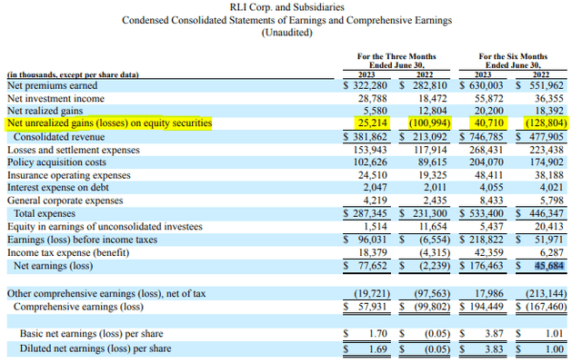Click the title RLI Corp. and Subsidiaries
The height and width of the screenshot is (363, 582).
(287, 7)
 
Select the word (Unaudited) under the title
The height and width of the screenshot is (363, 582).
(287, 33)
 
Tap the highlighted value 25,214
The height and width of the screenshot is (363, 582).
(372, 123)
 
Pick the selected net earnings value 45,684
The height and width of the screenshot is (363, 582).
(549, 266)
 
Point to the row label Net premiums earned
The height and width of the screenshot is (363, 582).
(53, 85)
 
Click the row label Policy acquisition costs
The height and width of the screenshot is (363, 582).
(56, 162)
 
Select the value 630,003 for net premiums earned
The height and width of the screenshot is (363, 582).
(486, 85)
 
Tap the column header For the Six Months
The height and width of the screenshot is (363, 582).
(513, 56)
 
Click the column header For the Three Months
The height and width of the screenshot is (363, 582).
(396, 56)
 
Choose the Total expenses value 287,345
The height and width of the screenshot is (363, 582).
(369, 214)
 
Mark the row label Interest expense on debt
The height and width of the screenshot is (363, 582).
(58, 188)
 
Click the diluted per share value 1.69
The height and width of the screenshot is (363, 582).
(378, 348)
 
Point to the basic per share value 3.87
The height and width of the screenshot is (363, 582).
(494, 334)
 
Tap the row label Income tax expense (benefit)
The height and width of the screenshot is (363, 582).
(68, 253)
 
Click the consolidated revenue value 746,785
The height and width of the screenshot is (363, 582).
(486, 137)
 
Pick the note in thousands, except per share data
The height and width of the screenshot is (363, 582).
(73, 74)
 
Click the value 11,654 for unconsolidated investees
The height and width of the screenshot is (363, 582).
(433, 227)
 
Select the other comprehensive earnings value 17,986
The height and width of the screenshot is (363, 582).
(489, 294)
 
